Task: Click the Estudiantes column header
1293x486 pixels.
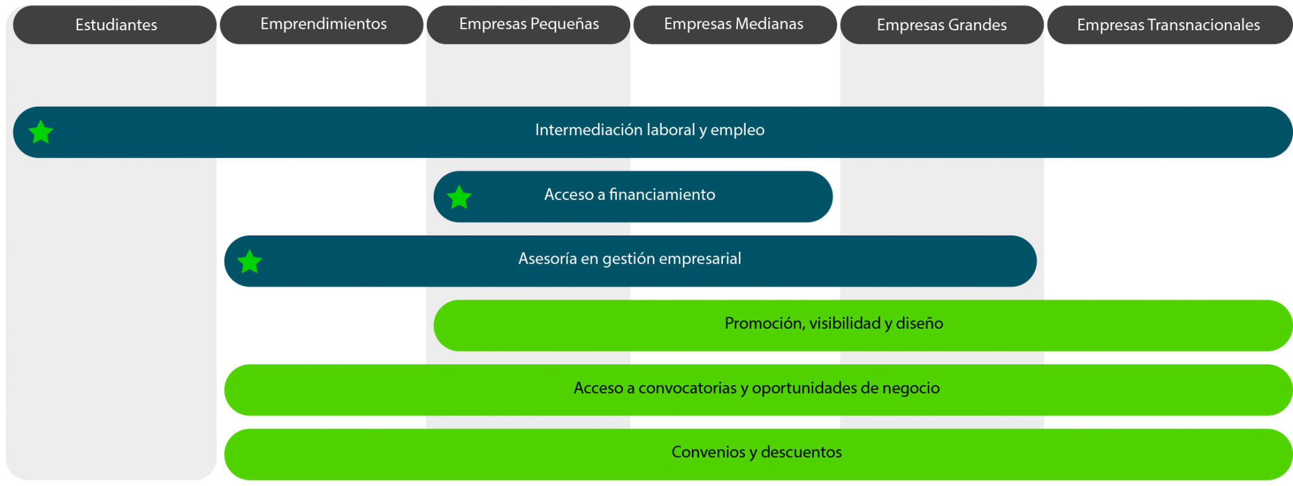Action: (116, 25)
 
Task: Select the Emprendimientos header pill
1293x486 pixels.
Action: (323, 25)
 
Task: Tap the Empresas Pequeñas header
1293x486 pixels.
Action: (528, 25)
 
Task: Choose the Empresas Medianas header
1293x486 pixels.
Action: (734, 25)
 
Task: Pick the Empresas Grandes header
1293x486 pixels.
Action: (941, 25)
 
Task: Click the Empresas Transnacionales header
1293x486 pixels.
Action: (1168, 25)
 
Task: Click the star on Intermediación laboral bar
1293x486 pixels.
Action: (41, 133)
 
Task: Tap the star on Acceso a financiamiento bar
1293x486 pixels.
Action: (459, 198)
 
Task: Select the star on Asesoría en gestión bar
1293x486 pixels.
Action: (250, 262)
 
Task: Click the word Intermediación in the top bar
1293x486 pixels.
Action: (580, 130)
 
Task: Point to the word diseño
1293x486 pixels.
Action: (919, 323)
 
